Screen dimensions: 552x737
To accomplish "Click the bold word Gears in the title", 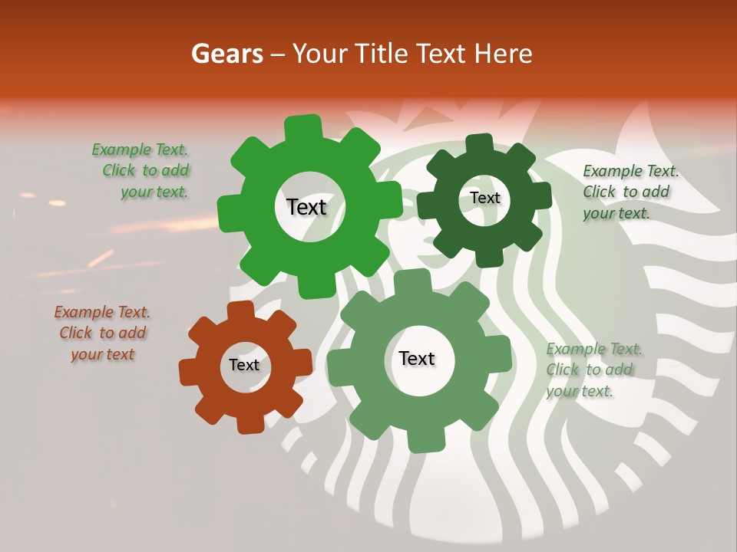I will click(x=226, y=54).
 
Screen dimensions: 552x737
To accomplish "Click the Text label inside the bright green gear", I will click(x=306, y=207).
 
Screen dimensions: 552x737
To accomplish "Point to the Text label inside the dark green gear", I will click(x=484, y=198).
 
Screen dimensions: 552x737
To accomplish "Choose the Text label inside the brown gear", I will click(x=244, y=365).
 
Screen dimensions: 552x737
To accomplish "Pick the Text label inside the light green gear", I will click(x=417, y=358).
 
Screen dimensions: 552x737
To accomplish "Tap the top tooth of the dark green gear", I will click(x=479, y=144).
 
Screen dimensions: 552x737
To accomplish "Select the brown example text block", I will click(x=102, y=333).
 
